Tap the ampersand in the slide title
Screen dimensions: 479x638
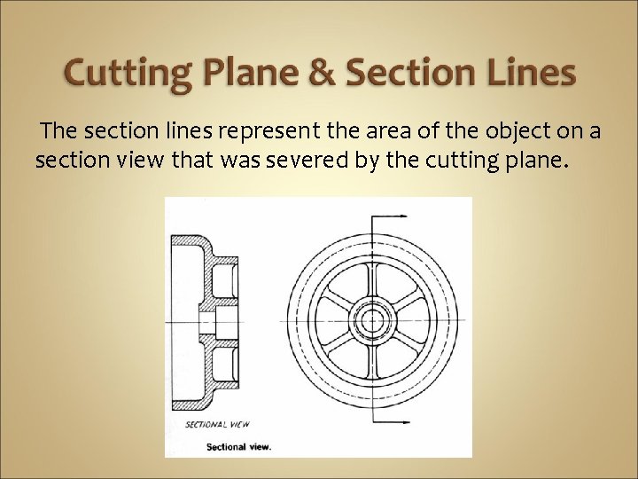[x=321, y=73]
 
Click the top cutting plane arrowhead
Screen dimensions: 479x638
[x=398, y=216]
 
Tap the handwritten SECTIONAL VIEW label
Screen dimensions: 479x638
[x=217, y=425]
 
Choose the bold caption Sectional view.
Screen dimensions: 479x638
[x=239, y=447]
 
